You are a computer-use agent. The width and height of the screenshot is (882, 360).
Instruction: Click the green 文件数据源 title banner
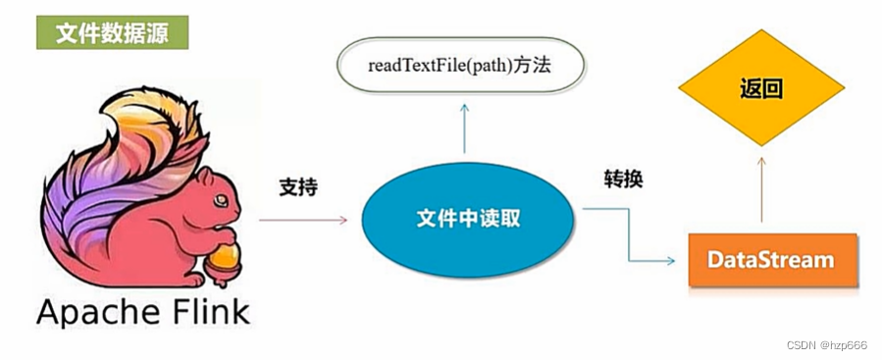(110, 32)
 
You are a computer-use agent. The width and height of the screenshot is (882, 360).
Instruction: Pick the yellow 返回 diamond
(761, 89)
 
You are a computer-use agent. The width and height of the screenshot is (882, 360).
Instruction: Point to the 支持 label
(298, 185)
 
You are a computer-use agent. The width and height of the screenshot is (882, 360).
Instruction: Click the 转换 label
(623, 179)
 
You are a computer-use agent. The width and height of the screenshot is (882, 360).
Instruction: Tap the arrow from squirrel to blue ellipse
(303, 220)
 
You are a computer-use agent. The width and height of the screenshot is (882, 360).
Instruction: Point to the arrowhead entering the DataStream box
(670, 261)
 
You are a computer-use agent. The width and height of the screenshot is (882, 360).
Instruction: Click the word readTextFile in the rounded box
(422, 68)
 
